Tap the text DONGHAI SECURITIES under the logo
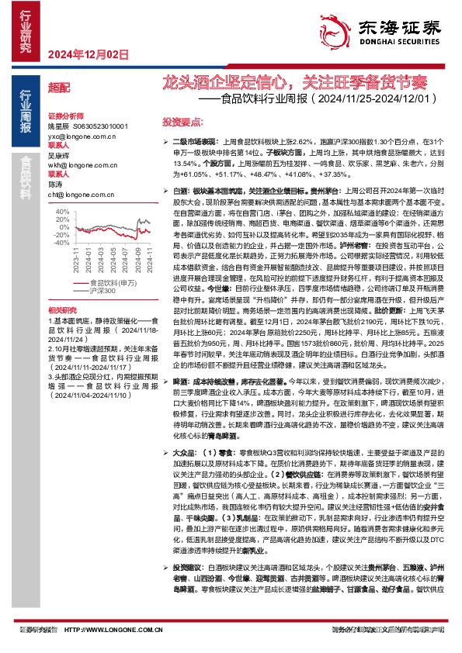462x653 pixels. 396,46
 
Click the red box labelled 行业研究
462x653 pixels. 25,30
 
